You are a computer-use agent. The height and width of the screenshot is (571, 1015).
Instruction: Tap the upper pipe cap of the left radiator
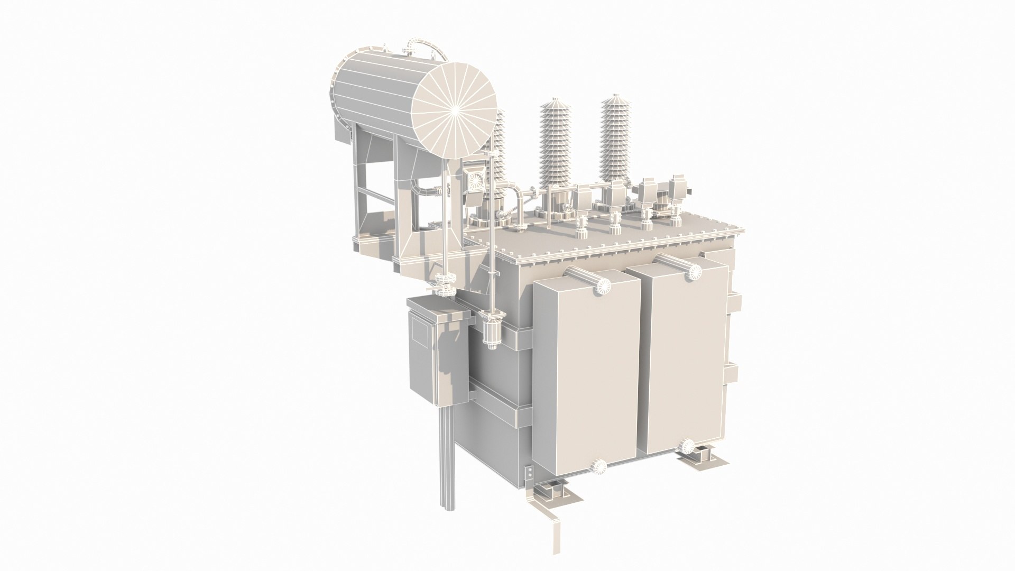pos(601,286)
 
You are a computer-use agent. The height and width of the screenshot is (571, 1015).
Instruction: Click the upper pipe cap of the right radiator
pos(694,271)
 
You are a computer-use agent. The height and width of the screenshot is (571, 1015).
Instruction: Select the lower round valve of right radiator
pos(687,445)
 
